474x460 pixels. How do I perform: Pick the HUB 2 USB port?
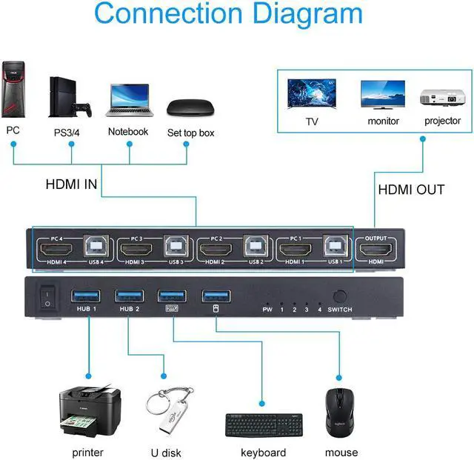pos(125,297)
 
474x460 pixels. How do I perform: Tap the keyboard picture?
pos(263,426)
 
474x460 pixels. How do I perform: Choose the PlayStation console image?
pos(72,96)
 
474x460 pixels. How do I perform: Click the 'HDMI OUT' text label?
pos(411,190)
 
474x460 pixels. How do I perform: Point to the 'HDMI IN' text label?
pos(71,182)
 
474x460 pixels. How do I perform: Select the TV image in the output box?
pos(311,95)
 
